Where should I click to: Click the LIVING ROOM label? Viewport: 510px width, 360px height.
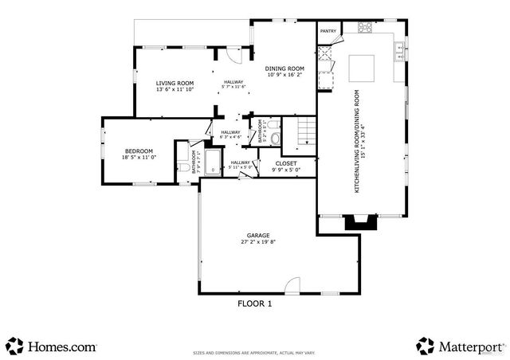[x=175, y=83]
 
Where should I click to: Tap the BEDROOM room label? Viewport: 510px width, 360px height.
[x=138, y=151]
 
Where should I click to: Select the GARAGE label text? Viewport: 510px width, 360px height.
[x=257, y=235]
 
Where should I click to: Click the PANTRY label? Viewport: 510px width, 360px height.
[x=328, y=31]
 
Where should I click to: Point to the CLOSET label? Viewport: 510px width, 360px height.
[x=285, y=162]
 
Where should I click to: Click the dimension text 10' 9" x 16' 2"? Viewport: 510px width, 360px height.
[x=285, y=75]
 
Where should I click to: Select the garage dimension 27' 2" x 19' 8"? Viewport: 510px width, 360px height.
[x=257, y=241]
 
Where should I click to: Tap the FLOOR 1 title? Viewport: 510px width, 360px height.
[x=255, y=303]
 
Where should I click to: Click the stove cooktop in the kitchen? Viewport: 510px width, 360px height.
[x=366, y=27]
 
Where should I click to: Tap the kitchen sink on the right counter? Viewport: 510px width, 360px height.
[x=398, y=53]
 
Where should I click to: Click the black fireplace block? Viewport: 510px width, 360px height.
[x=359, y=223]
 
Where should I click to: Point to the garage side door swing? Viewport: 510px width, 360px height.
[x=293, y=285]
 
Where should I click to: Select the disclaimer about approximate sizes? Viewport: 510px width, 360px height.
[x=254, y=351]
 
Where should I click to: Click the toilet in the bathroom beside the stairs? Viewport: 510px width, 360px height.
[x=276, y=138]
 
